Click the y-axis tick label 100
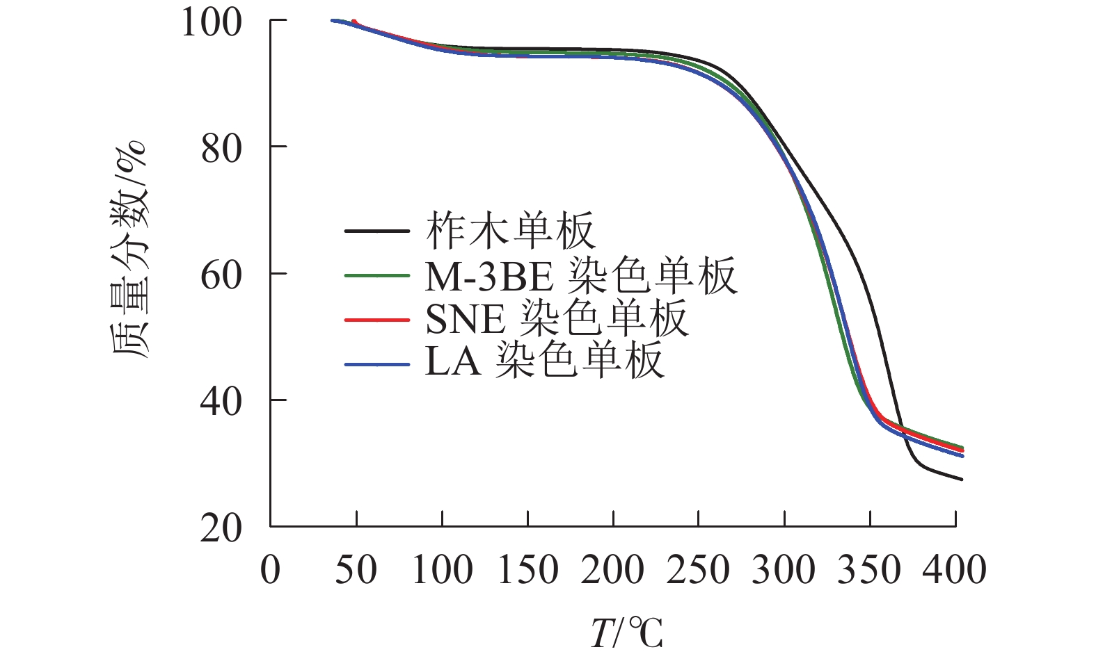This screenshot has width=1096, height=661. (212, 22)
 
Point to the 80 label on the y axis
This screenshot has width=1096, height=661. (222, 149)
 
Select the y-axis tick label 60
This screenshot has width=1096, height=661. (222, 276)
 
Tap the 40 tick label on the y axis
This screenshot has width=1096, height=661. (222, 402)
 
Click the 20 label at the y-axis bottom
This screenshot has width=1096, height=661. (222, 530)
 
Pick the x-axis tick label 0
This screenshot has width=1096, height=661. (271, 570)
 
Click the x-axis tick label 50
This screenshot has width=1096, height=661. (356, 570)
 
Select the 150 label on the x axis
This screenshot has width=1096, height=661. (527, 570)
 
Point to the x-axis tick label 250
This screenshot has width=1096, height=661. (699, 570)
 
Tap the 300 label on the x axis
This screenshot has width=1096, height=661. (784, 570)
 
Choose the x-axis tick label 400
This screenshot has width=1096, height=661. (955, 570)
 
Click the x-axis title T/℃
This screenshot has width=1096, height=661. (626, 633)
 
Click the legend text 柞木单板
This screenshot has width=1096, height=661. (511, 231)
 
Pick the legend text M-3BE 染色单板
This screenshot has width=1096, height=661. (581, 276)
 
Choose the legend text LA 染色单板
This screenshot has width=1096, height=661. (544, 362)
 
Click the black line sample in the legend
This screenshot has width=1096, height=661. (376, 230)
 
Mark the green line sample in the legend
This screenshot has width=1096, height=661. (376, 275)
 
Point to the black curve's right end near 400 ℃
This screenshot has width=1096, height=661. (960, 479)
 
